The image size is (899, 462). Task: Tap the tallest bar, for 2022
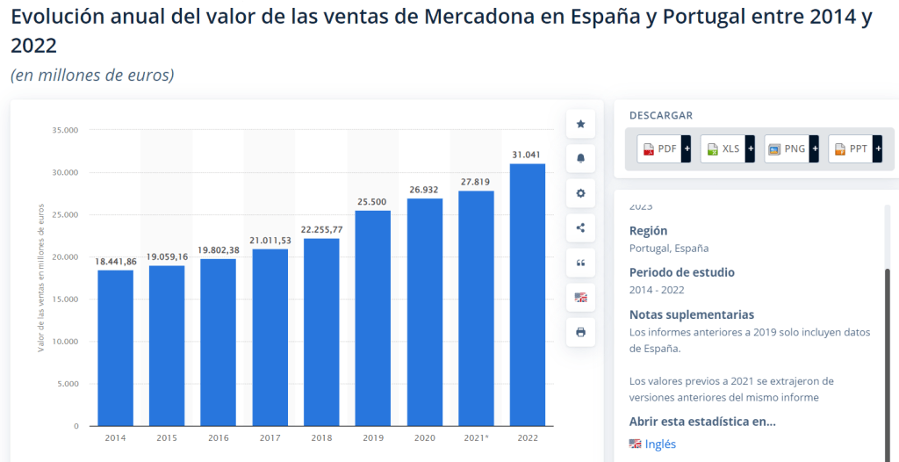pos(528,294)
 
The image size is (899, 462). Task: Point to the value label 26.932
pos(425,189)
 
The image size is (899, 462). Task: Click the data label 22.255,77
pos(322,229)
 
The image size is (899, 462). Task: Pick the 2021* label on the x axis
pos(476,437)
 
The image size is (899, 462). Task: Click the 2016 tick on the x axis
pos(219,437)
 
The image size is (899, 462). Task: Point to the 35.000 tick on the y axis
pos(66,130)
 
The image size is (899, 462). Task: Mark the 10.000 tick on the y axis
pos(66,342)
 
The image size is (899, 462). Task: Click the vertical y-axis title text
pos(40,278)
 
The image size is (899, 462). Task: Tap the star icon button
pos(580,124)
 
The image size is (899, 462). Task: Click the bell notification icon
pos(580,159)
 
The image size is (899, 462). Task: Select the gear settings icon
pos(580,193)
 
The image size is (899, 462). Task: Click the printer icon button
pos(580,332)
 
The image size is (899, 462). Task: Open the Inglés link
pos(660,444)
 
